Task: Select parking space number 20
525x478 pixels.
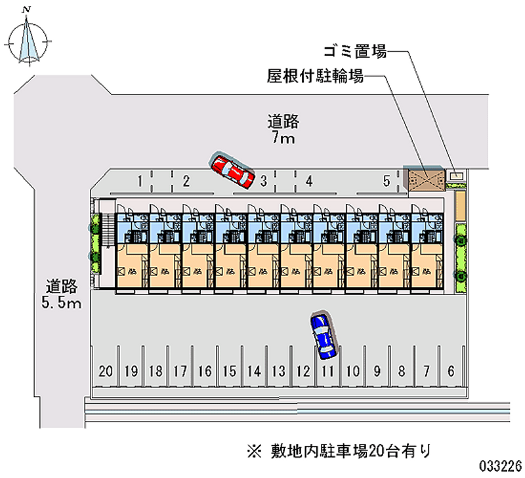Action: pyautogui.click(x=106, y=371)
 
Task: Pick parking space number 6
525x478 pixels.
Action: pyautogui.click(x=450, y=371)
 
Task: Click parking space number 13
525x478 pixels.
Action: pyautogui.click(x=278, y=371)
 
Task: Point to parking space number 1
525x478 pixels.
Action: pyautogui.click(x=140, y=180)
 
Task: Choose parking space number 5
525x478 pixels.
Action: pyautogui.click(x=387, y=180)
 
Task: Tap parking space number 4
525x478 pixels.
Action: pyautogui.click(x=308, y=180)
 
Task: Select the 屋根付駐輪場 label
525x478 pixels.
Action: pyautogui.click(x=315, y=76)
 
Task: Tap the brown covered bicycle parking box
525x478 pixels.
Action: pyautogui.click(x=423, y=179)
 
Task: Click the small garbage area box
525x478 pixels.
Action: pyautogui.click(x=457, y=175)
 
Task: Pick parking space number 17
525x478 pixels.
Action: pyautogui.click(x=180, y=371)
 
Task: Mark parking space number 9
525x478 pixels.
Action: pyautogui.click(x=377, y=371)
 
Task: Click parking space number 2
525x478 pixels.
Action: pyautogui.click(x=186, y=180)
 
